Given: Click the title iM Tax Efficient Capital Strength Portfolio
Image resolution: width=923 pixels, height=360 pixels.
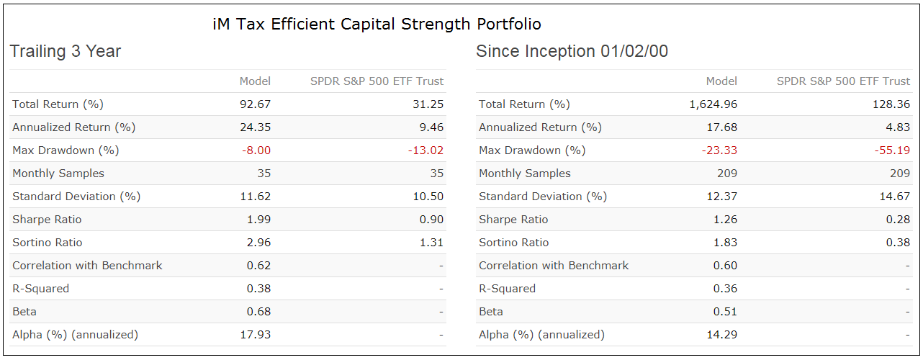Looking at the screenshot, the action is (377, 24).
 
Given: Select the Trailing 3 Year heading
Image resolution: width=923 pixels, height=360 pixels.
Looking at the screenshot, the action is (65, 52).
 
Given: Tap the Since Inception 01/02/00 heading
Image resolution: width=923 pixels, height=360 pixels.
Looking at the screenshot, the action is (572, 52).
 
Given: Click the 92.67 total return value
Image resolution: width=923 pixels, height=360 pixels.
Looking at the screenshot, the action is (255, 104).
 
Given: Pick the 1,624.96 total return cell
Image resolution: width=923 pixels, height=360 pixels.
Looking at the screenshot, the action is (713, 104).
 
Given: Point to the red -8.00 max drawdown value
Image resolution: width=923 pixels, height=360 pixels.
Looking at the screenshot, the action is (256, 150).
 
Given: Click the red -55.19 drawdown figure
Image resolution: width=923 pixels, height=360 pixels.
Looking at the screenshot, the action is (892, 150).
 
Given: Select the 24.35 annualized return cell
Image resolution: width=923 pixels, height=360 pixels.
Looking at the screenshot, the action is (255, 127).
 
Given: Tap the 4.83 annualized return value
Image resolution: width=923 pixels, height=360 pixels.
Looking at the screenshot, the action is (898, 127).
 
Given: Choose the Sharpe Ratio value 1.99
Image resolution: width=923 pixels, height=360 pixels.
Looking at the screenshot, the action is (258, 220).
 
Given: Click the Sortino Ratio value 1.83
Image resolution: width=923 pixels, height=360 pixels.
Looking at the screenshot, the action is (725, 243).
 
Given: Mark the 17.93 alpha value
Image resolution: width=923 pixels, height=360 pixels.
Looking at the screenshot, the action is (255, 335).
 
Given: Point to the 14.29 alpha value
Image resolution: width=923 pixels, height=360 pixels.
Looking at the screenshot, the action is (721, 335).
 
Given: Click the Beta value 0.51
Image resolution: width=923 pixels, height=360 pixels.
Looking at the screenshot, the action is (725, 312).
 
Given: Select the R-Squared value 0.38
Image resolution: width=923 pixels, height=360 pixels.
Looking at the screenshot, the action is (258, 289).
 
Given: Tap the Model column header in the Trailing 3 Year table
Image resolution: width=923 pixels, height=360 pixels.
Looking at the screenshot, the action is (255, 81).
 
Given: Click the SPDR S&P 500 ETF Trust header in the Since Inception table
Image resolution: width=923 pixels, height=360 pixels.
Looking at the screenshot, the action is (843, 81).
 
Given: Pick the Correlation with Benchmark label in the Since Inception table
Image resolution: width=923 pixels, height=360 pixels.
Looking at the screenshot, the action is (554, 266).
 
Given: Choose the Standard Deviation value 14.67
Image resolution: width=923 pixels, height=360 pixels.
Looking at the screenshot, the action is (895, 197).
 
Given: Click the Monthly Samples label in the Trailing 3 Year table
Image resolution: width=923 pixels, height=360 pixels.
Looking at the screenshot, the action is (58, 174).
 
